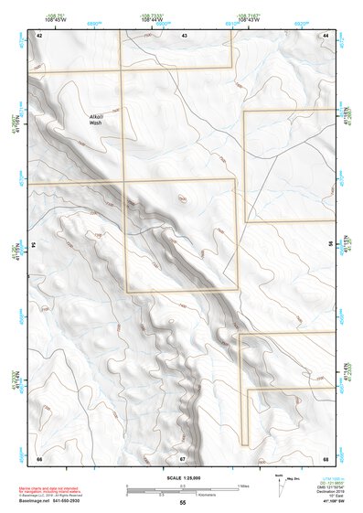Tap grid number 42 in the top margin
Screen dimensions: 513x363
(39, 35)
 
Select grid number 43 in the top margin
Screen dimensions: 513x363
(184, 35)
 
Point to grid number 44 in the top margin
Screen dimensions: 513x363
(326, 35)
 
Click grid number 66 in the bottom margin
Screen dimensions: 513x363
(39, 458)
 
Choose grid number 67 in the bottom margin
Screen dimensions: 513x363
(183, 458)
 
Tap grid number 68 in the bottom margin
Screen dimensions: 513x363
(326, 458)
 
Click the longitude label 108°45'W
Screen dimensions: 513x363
(52, 20)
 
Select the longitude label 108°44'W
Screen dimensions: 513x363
(152, 20)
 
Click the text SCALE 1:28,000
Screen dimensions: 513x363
(183, 477)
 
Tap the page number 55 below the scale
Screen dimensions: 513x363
(183, 503)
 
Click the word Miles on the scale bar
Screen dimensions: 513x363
(244, 485)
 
